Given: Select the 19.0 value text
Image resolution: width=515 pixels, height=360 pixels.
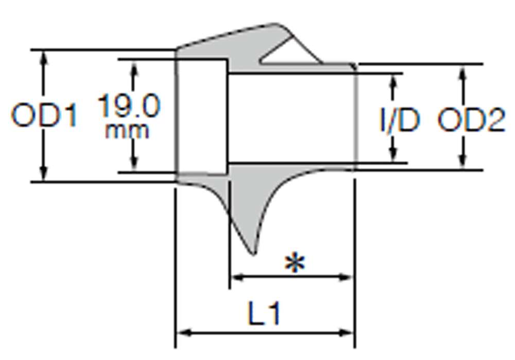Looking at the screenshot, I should click(129, 107).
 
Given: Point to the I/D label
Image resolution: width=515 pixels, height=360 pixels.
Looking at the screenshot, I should click(399, 122).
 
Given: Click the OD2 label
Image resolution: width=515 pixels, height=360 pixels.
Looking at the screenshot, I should click(471, 122).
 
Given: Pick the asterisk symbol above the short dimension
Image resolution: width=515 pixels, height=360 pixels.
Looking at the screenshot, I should click(295, 264).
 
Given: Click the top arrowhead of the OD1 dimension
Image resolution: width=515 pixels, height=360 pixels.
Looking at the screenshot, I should click(44, 56).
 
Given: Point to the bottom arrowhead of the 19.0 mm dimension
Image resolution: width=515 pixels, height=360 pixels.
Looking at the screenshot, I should click(134, 167).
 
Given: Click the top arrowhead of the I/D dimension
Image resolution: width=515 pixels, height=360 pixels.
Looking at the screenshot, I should click(394, 79).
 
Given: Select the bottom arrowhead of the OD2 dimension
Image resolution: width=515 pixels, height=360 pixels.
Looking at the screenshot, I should click(463, 163).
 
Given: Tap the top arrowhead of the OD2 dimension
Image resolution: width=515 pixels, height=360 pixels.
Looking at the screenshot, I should click(463, 71).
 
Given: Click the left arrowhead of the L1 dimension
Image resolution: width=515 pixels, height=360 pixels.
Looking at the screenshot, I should click(182, 333).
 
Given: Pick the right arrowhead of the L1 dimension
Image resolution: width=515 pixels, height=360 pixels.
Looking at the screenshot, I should click(349, 333).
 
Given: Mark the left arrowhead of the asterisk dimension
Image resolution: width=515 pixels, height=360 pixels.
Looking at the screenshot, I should click(235, 277).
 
